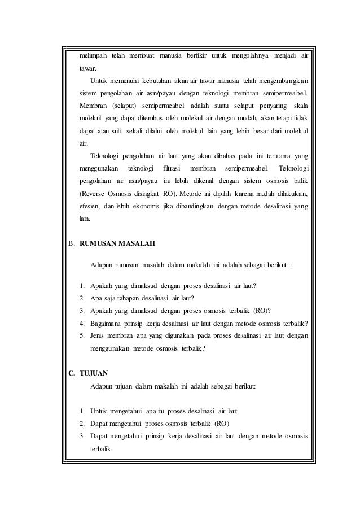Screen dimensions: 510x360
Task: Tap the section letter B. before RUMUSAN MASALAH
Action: point(71,245)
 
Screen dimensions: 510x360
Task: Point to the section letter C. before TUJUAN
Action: point(71,373)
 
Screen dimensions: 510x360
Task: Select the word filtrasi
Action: point(175,169)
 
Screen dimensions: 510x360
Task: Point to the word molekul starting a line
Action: point(91,118)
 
